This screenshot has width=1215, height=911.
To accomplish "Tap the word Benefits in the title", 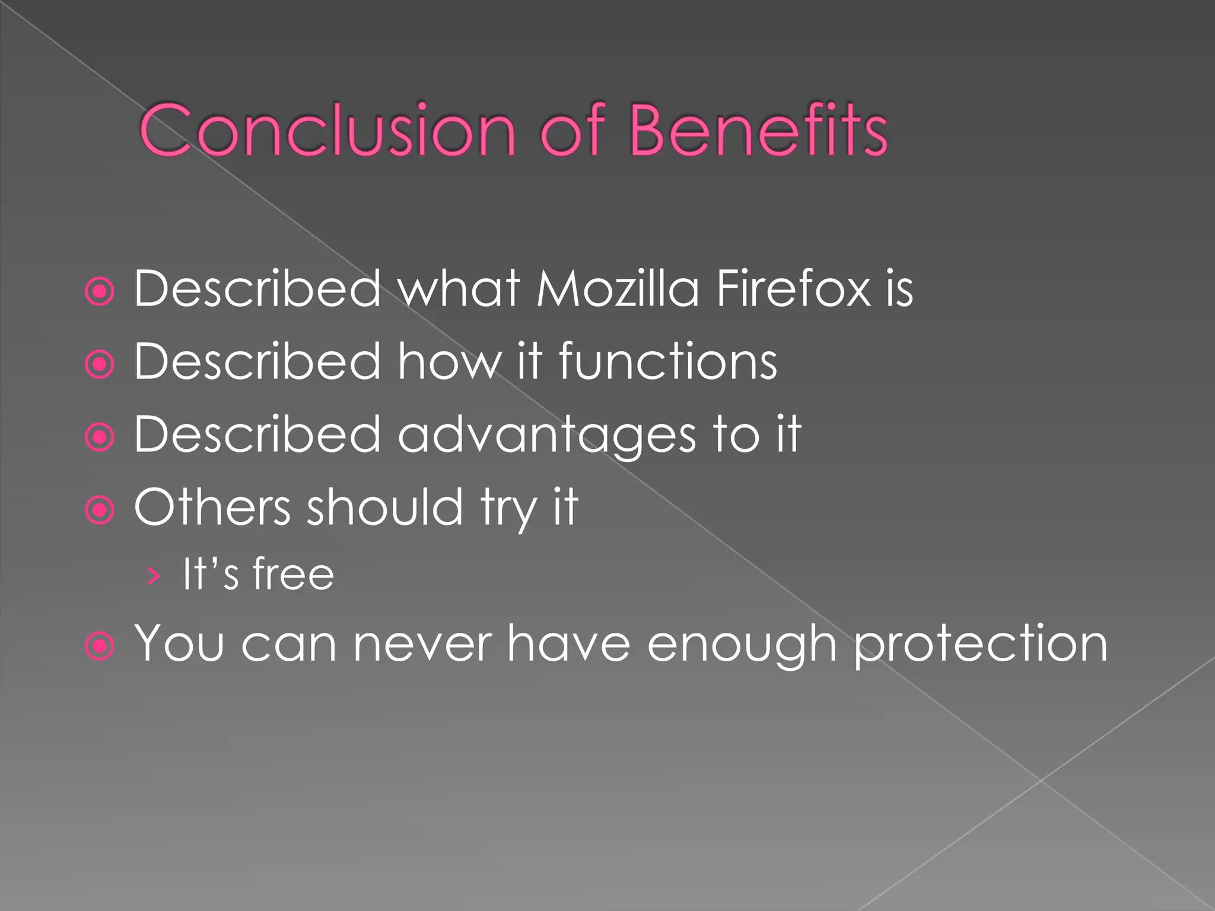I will point(758,130).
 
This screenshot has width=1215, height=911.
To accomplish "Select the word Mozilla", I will point(618,289).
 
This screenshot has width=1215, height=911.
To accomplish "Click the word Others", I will point(212,507).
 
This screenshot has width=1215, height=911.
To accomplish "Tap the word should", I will point(384,507).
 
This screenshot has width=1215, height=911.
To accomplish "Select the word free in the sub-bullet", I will point(293,574).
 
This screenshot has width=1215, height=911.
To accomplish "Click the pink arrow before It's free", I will point(153,575).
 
